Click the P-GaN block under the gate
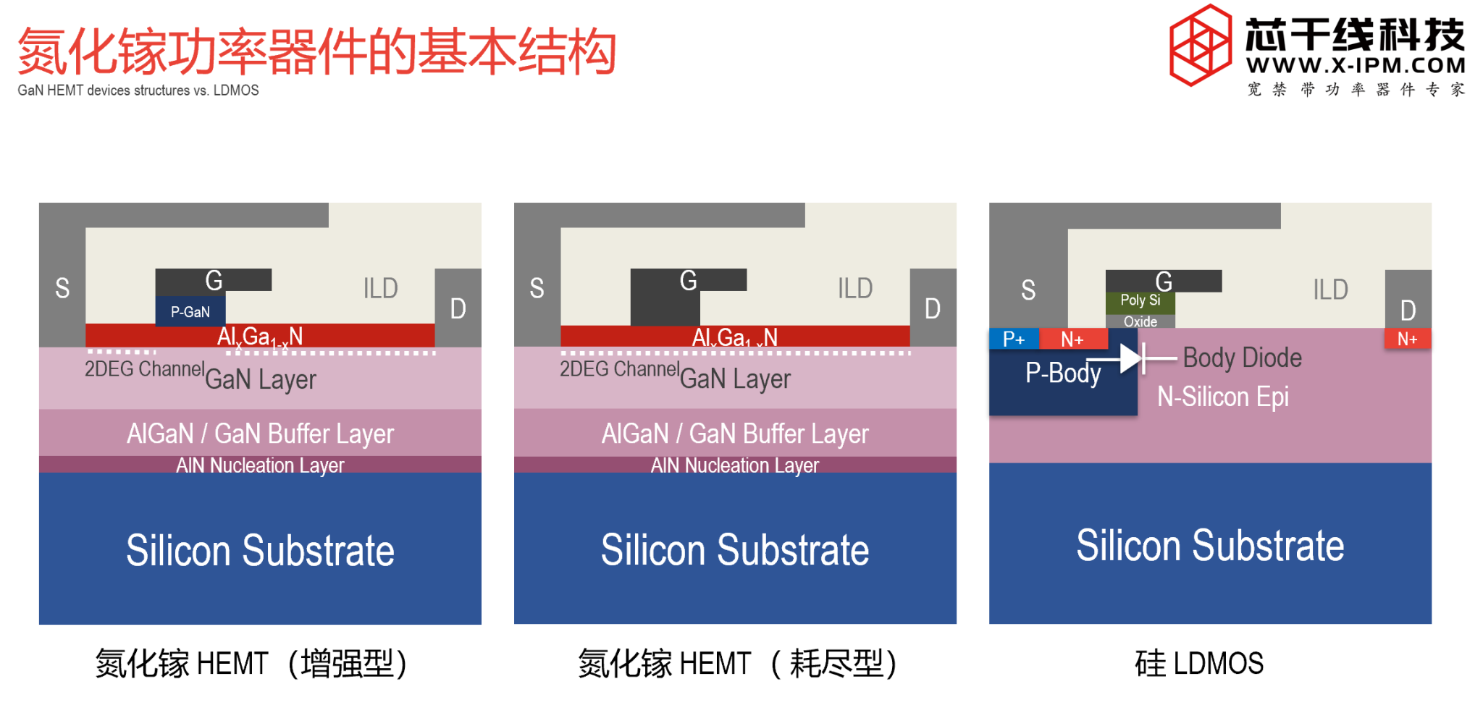tap(190, 312)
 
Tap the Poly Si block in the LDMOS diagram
tap(1140, 300)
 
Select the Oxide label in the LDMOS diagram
tap(1140, 321)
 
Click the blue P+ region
tap(1014, 339)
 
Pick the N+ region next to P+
tap(1072, 339)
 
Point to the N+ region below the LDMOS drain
tap(1407, 339)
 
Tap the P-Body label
tap(1063, 374)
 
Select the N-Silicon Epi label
tap(1223, 397)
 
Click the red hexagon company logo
tap(1201, 45)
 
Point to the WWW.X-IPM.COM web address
tap(1356, 66)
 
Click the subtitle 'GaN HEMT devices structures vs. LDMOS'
tap(138, 90)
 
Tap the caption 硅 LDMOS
tap(1199, 663)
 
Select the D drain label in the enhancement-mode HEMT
tap(458, 309)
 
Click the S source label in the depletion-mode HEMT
tap(537, 288)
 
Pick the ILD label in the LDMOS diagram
tap(1330, 290)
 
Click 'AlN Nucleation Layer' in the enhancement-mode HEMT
tap(260, 465)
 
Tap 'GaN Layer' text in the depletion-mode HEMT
tap(735, 379)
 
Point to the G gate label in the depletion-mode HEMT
tap(688, 280)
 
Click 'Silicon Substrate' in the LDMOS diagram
tap(1210, 545)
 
